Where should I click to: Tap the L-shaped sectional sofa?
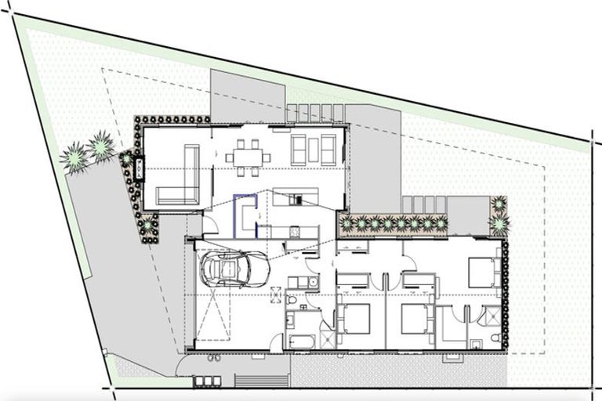182,180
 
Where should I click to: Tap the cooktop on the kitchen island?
297,200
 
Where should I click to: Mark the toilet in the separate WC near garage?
292,302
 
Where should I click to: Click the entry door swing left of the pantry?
210,227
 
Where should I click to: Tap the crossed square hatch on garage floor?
275,294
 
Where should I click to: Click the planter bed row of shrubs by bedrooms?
392,224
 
